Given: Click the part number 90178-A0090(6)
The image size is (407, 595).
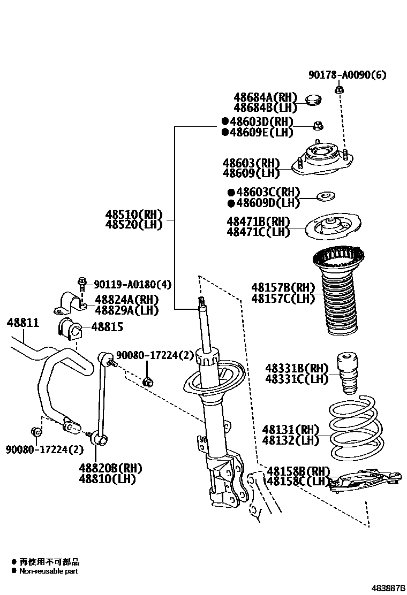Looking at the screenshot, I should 346,75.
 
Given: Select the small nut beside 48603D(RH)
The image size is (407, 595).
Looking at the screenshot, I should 316,126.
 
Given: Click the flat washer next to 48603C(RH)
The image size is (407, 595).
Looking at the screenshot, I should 325,196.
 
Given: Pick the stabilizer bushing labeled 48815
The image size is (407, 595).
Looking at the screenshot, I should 70,329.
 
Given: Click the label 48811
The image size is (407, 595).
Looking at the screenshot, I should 22,323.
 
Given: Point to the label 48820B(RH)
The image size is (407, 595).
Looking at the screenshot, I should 110,468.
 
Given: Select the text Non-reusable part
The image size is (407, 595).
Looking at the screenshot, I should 49,571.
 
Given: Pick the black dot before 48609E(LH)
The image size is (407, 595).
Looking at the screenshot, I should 225,132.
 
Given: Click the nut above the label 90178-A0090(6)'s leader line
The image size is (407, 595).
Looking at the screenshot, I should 338,89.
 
